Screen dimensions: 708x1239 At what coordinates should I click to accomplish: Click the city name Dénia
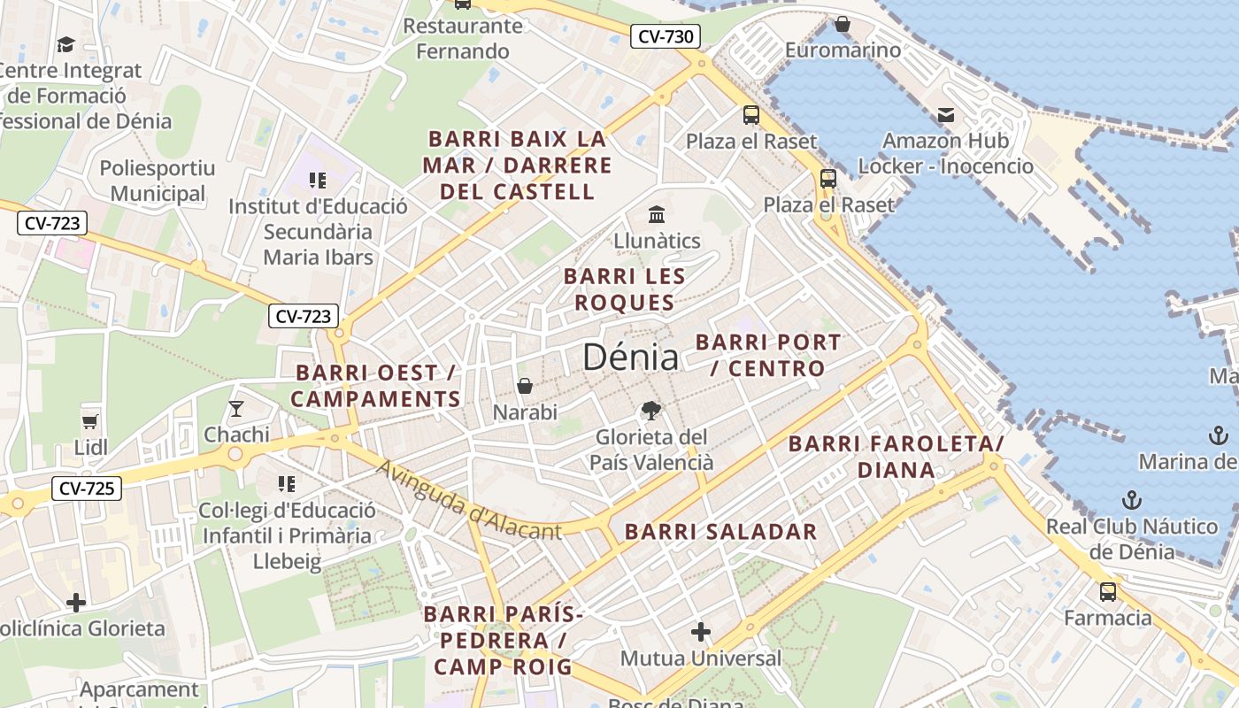coord(631,357)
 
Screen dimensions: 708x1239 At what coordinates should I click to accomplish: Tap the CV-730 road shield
coord(666,36)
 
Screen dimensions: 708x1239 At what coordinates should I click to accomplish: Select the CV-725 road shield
coord(86,488)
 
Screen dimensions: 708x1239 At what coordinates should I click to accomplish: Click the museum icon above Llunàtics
coord(657,214)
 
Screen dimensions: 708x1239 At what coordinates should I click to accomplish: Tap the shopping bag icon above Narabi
coord(525,387)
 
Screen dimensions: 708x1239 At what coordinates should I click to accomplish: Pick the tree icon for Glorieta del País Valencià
coord(651,411)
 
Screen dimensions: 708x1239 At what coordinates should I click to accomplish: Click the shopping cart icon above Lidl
coord(89,421)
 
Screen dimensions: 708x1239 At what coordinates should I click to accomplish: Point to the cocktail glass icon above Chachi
coord(235,408)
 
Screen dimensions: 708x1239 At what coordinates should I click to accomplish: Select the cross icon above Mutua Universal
coord(701,632)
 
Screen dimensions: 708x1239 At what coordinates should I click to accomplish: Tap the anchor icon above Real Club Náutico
coord(1131,500)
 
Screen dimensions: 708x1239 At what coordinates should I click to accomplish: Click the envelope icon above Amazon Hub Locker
coord(945,114)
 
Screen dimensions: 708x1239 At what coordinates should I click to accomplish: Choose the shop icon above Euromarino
coord(843,24)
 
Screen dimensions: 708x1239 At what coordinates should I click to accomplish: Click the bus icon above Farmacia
coord(1107,591)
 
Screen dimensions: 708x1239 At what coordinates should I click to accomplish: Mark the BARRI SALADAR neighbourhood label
coord(721,532)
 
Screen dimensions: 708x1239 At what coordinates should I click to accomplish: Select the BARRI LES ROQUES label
coord(624,289)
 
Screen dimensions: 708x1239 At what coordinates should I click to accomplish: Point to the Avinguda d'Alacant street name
coord(468,501)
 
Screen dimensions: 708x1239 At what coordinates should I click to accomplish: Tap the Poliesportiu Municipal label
coord(158,181)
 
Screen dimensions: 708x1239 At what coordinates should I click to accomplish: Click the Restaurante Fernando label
coord(463,38)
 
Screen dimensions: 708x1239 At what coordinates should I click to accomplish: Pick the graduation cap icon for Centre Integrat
coord(65,44)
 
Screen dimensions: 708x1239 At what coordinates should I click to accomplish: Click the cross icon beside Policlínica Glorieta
coord(76,603)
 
